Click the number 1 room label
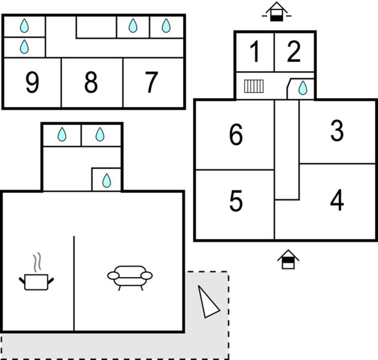point(255,51)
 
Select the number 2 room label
point(294,51)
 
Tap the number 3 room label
point(337,130)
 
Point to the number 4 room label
point(337,200)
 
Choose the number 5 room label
point(236,201)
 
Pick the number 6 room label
point(236,134)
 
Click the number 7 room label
point(151,82)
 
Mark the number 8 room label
point(91,82)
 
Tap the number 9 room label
point(32,82)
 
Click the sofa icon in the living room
point(130,278)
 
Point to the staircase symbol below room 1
point(254,86)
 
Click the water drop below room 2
point(303,88)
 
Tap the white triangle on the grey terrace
point(208,301)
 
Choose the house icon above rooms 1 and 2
point(276,12)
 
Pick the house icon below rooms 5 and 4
point(288,259)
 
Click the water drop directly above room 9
point(24,46)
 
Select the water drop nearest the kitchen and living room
point(107,181)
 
